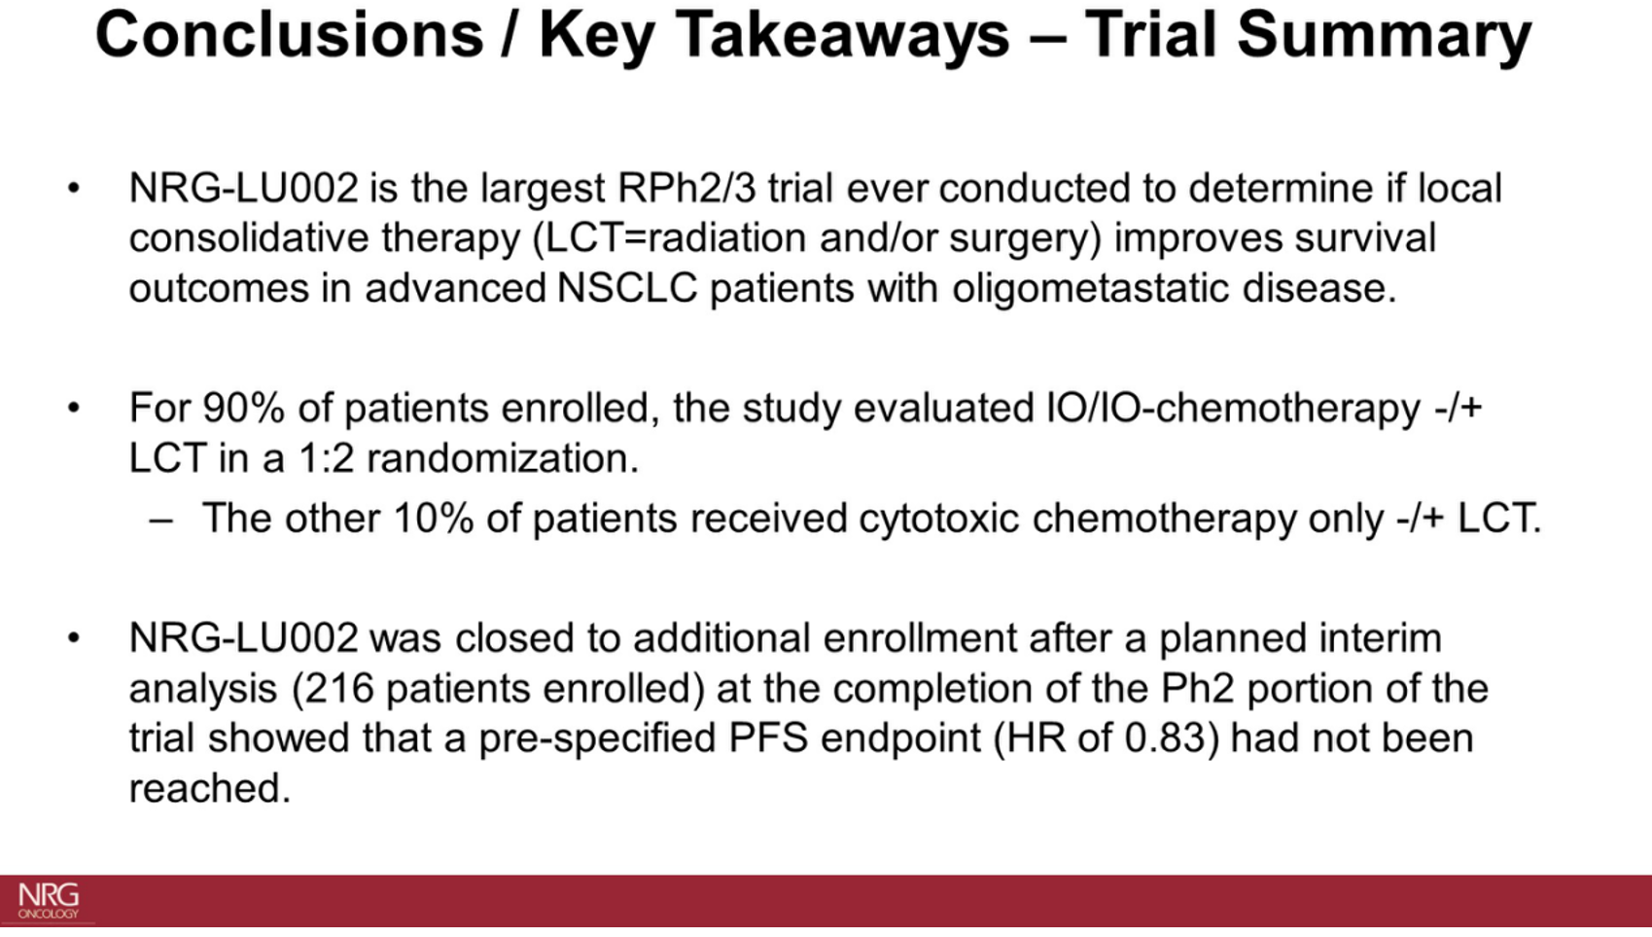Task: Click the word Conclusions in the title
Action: (x=289, y=35)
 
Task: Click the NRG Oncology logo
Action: (x=48, y=901)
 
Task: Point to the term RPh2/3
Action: (x=686, y=188)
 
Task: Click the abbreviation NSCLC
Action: (x=627, y=287)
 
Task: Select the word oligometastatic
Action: (x=1091, y=288)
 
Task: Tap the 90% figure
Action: (x=243, y=408)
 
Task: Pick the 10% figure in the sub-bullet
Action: (x=433, y=518)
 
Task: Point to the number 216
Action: (x=339, y=688)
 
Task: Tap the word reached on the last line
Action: (x=209, y=788)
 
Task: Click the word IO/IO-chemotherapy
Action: (x=1233, y=409)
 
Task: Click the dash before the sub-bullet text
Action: (x=160, y=521)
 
